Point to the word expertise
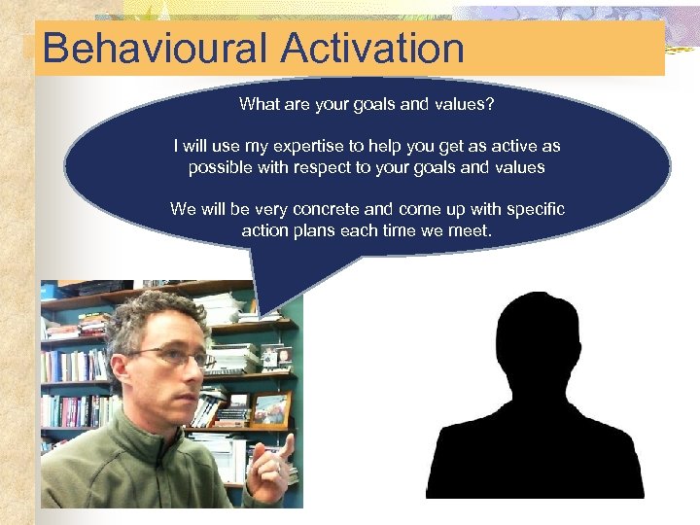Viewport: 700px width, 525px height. click(292, 147)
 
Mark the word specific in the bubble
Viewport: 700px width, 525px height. click(534, 210)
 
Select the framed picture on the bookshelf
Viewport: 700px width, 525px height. click(269, 409)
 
